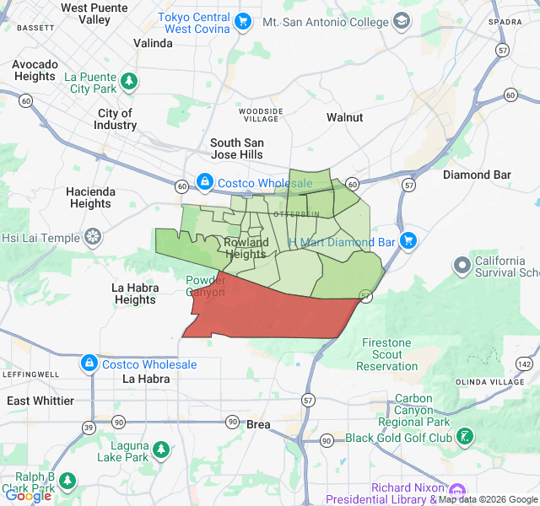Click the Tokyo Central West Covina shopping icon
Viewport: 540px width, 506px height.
(243, 22)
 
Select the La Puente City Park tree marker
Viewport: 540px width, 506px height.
(128, 82)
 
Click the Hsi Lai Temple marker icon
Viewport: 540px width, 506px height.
(92, 238)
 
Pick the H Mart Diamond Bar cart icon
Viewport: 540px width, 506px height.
(408, 241)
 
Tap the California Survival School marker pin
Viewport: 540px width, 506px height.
(462, 266)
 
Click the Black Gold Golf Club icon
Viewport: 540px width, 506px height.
(464, 437)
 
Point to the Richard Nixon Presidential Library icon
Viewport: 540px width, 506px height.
(456, 492)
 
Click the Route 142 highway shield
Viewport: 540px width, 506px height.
(524, 363)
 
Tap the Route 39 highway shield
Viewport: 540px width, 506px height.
(89, 428)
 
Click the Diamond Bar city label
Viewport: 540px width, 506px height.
(478, 175)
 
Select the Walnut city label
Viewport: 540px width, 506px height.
(344, 117)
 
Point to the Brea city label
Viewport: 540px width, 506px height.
(258, 424)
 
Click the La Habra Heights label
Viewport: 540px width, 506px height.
(135, 293)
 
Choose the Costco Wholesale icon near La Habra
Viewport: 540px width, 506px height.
(89, 363)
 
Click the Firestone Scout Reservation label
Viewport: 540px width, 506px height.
(386, 354)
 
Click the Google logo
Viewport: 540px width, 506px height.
(28, 496)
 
